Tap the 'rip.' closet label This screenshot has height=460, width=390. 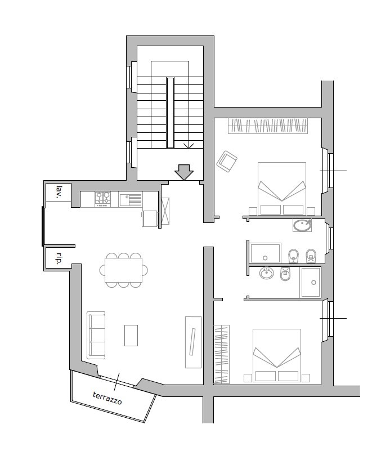coord(59,258)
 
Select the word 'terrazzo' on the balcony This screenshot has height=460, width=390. coord(107,398)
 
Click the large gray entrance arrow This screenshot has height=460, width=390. coord(184,172)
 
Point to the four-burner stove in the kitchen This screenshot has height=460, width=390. coord(102,199)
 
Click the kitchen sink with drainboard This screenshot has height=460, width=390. coord(131,199)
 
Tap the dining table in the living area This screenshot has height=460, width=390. coord(123,270)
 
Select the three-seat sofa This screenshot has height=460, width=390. coord(96,335)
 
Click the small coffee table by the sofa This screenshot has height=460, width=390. coord(131,336)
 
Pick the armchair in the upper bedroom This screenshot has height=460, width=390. coord(227,162)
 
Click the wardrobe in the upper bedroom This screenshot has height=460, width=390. coord(268,126)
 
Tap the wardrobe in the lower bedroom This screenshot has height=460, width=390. coord(222,354)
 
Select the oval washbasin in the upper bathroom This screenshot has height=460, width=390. coord(302,225)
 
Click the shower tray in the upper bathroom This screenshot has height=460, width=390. coord(265,253)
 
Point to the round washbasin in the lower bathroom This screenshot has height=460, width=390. coord(267,274)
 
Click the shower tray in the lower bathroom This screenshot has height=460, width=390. coord(310,282)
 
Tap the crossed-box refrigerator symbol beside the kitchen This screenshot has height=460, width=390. coord(165,211)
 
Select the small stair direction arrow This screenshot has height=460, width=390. coord(189,146)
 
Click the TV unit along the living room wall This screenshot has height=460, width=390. coord(193,342)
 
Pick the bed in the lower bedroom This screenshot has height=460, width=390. coord(277,355)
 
